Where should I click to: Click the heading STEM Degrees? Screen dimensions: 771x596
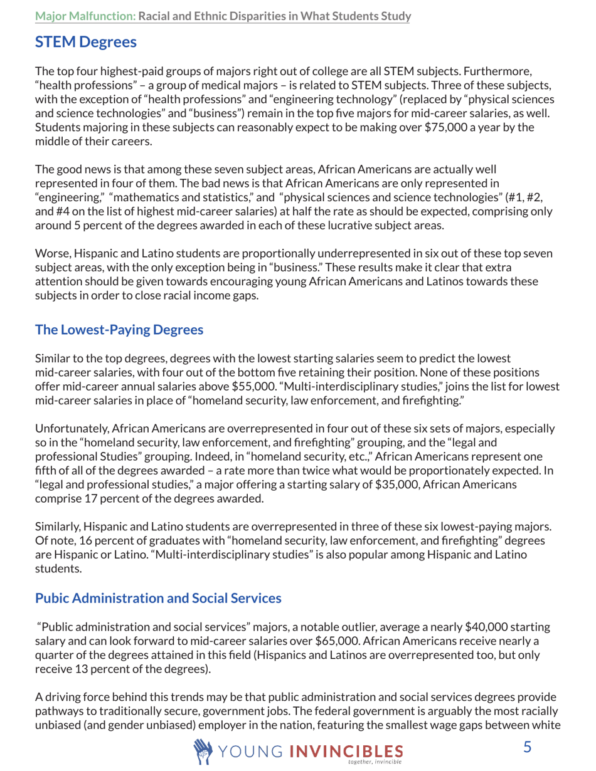pos(85,43)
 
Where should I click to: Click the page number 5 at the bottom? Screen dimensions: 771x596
pos(527,746)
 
